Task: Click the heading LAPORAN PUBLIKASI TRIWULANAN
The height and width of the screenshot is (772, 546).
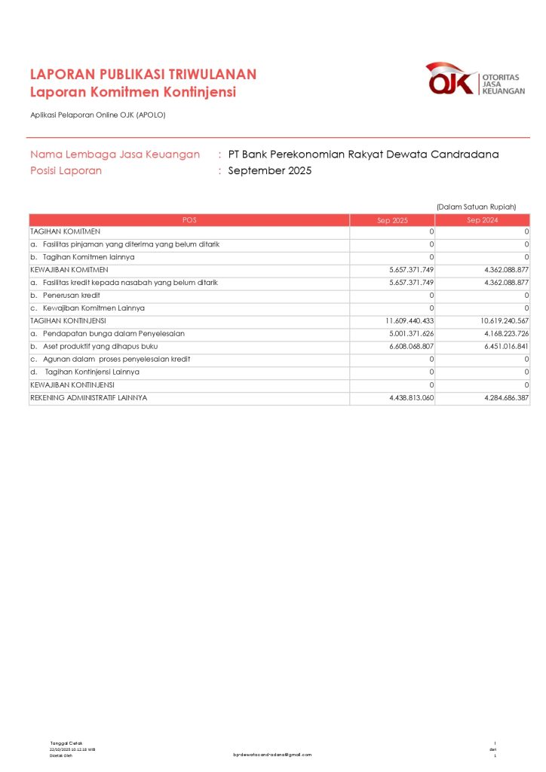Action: point(143,74)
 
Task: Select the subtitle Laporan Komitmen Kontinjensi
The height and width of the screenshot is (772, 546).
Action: point(133,92)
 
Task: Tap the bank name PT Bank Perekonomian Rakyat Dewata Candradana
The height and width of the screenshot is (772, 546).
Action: point(363,155)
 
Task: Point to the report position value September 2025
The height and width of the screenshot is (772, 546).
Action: point(269,170)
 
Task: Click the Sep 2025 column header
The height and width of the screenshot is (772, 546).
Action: point(392,220)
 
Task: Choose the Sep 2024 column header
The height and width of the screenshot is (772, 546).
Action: point(483,220)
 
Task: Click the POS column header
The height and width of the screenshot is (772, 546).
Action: point(189,220)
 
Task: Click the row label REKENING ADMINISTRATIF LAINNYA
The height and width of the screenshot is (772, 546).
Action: point(89,397)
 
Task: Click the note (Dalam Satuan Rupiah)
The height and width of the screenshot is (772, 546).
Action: point(476,207)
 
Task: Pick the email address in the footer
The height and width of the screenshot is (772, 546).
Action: point(272,755)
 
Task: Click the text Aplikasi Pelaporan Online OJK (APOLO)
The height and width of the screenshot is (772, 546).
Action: point(97,115)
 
